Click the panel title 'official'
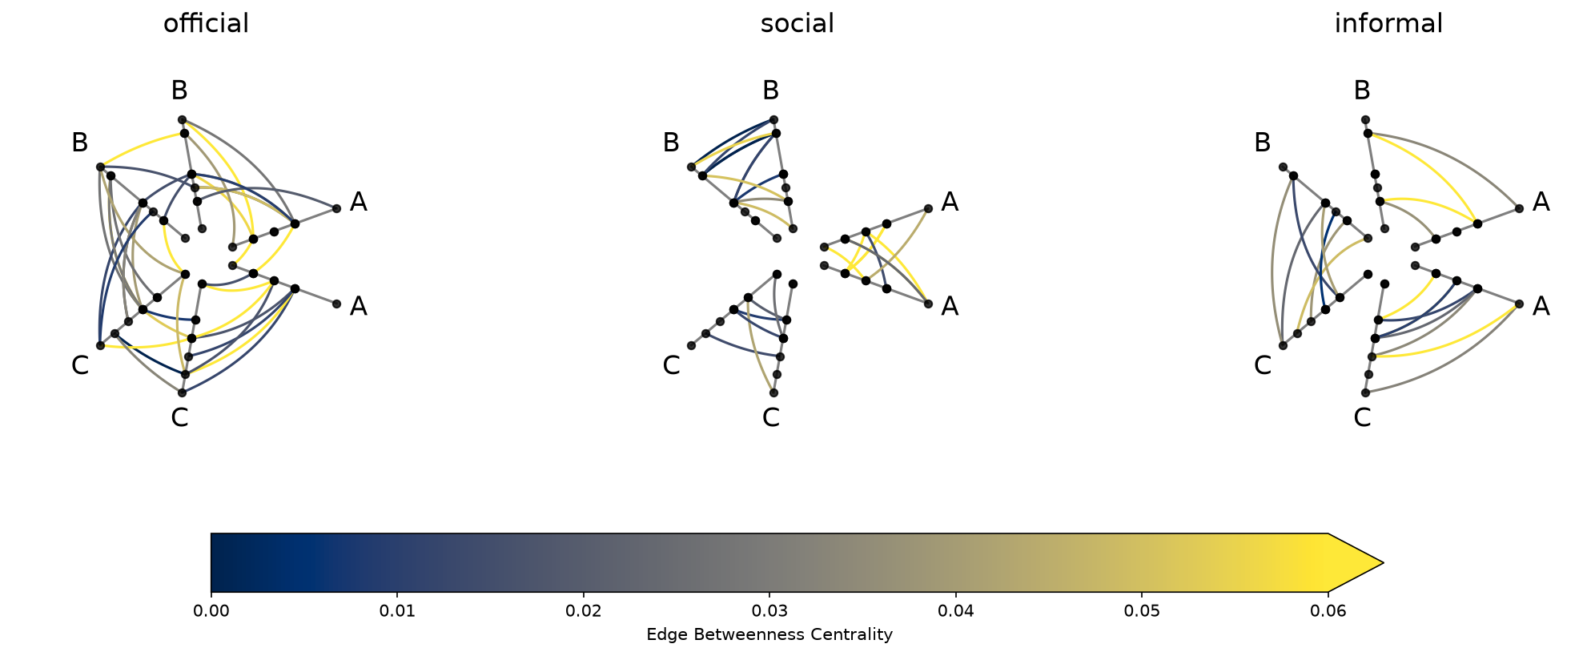(206, 24)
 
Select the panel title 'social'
(797, 24)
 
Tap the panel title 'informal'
(1388, 24)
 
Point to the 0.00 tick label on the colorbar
(211, 612)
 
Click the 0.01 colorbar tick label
(397, 612)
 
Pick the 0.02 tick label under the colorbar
(584, 612)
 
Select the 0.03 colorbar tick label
(769, 612)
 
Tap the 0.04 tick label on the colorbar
(956, 612)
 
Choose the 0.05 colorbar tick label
(1142, 612)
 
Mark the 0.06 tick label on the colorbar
(1328, 612)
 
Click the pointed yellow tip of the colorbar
(1384, 562)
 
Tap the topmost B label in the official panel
(179, 91)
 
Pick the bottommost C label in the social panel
(770, 417)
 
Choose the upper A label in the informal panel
(1541, 203)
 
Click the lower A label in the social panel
(950, 306)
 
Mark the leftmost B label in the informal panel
(1262, 143)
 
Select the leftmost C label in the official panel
(80, 365)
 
